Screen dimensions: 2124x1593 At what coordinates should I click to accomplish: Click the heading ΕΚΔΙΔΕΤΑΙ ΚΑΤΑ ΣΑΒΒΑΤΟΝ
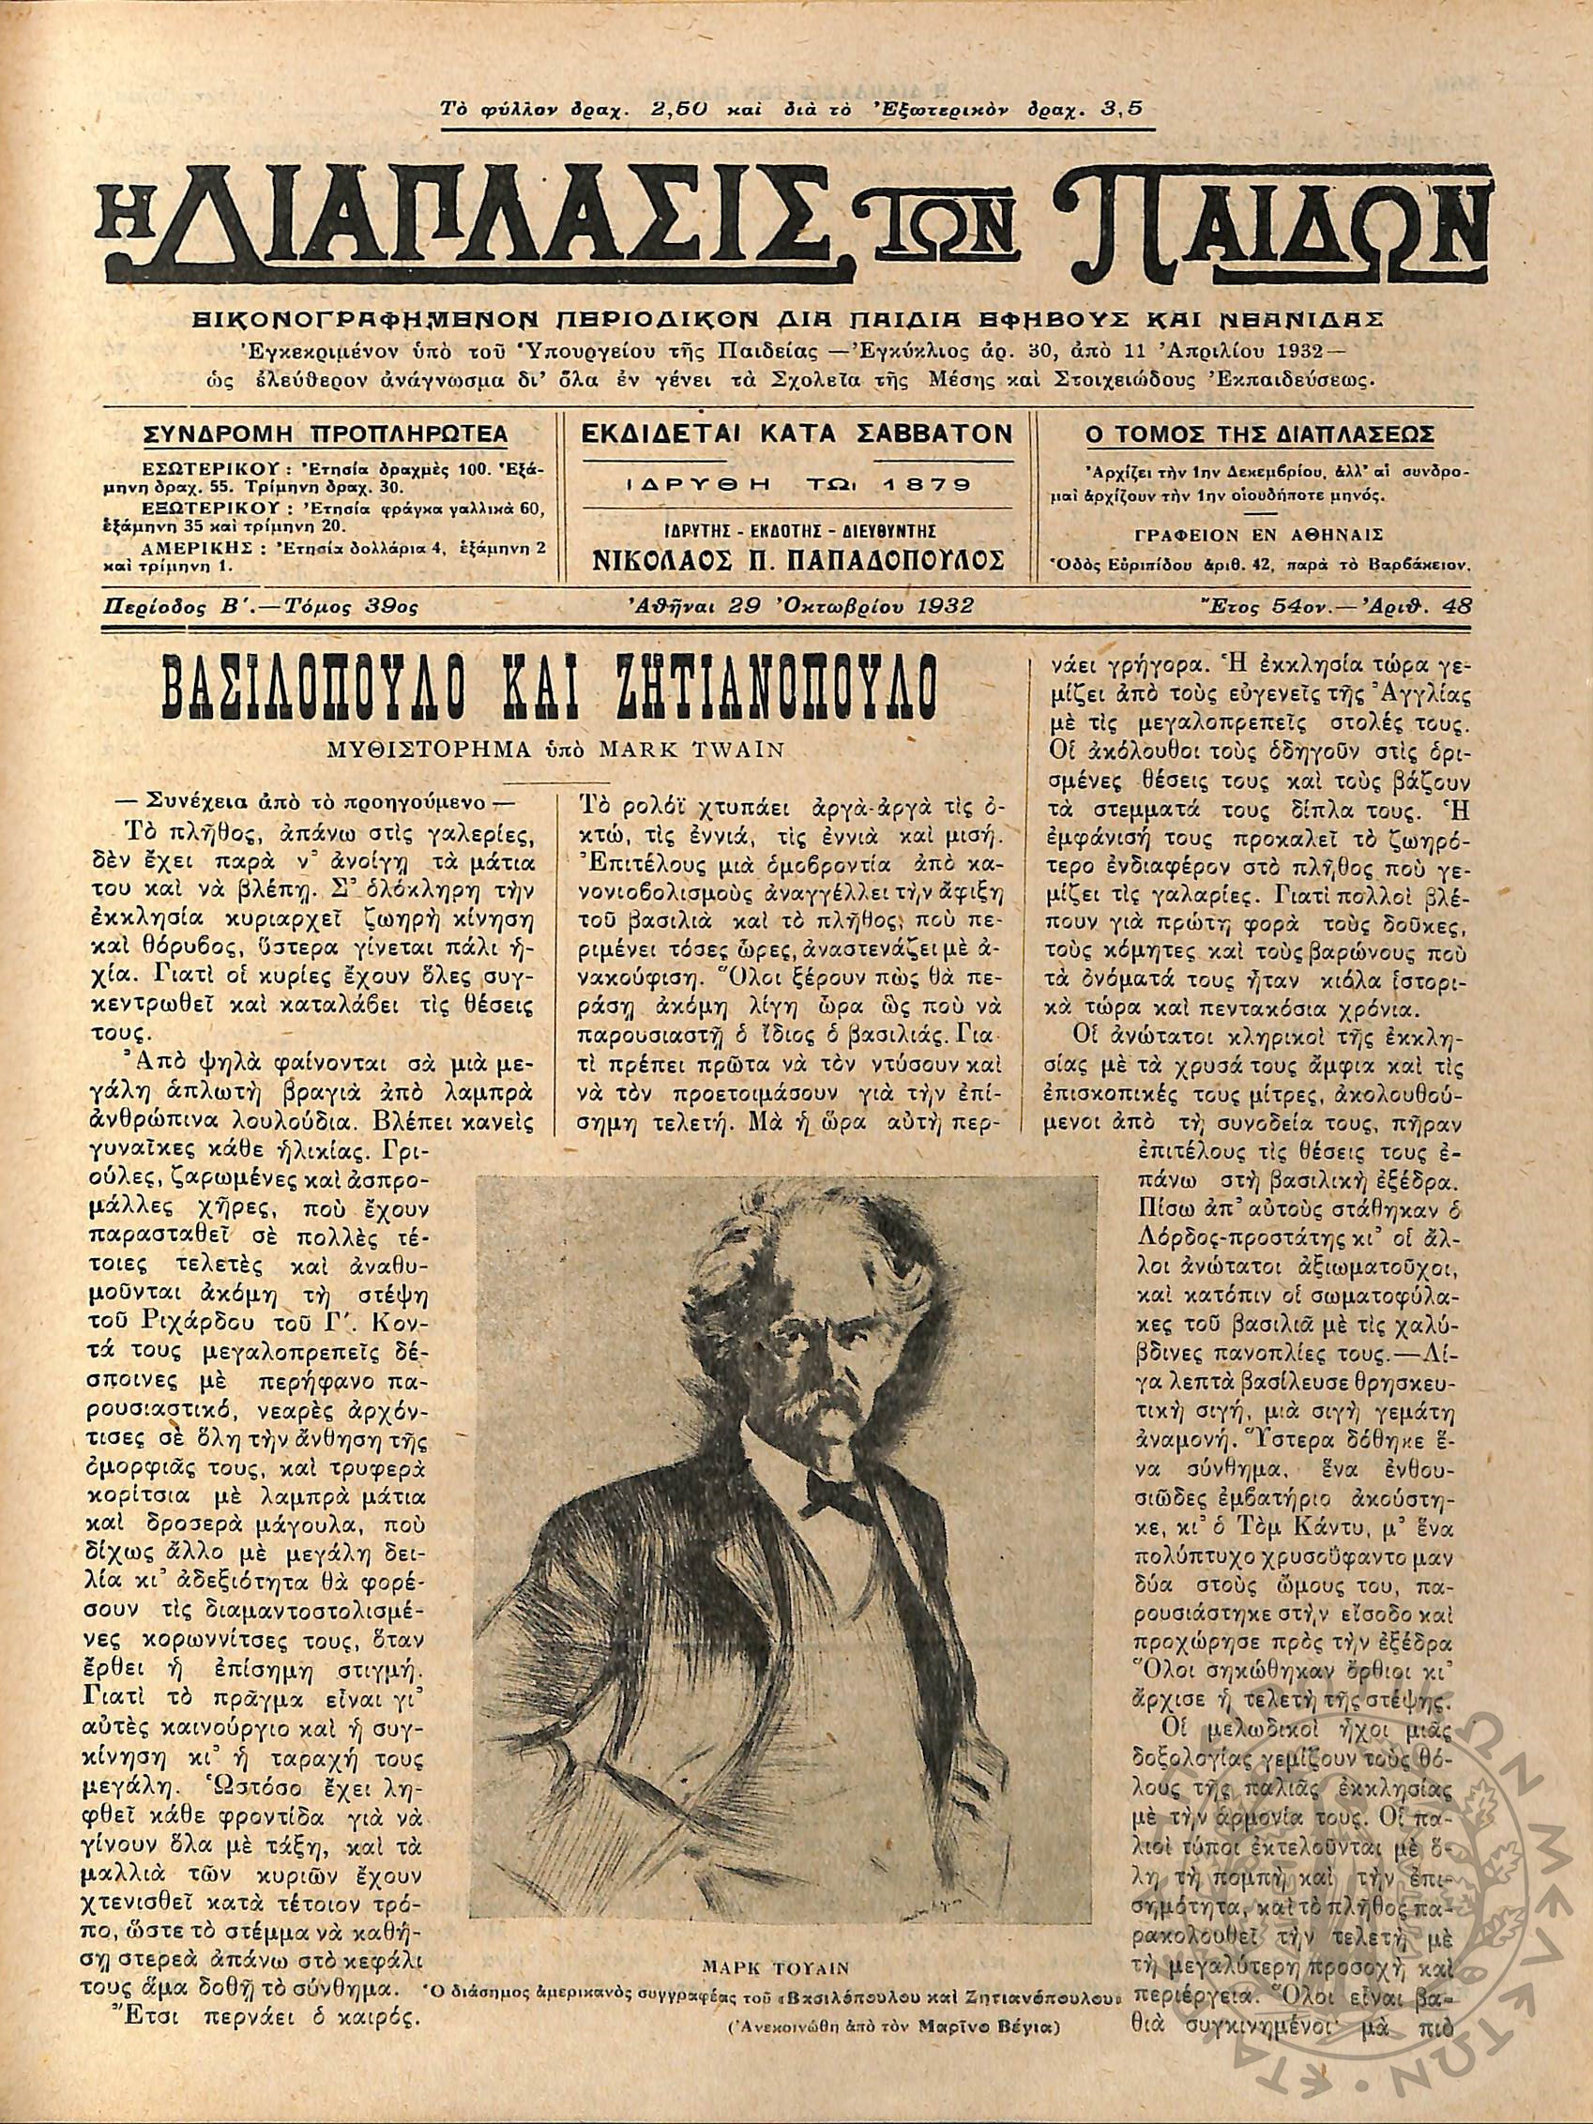[797, 433]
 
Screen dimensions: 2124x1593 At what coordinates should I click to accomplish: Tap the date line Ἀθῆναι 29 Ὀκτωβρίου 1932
[798, 606]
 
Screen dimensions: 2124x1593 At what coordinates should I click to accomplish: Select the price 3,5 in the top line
[1121, 108]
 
